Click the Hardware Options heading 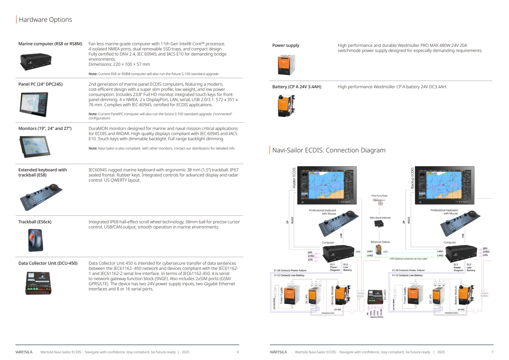(x=45, y=20)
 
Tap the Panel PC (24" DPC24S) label (x=40, y=84)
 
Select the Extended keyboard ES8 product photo (x=41, y=197)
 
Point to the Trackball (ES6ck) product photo (x=35, y=240)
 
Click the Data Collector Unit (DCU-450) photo (x=38, y=283)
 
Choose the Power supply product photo (x=286, y=64)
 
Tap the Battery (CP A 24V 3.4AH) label (x=297, y=87)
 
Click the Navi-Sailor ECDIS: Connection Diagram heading (x=329, y=150)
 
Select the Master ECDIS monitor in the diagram (x=327, y=185)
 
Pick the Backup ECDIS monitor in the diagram (x=444, y=185)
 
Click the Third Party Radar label (x=379, y=196)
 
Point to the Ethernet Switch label (x=380, y=242)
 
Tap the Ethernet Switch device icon (x=379, y=250)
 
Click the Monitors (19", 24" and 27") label (x=45, y=128)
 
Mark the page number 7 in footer (x=492, y=352)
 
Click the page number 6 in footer (x=238, y=352)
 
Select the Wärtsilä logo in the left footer (x=24, y=352)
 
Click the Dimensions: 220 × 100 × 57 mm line (x=119, y=64)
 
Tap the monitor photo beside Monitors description (x=35, y=146)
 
